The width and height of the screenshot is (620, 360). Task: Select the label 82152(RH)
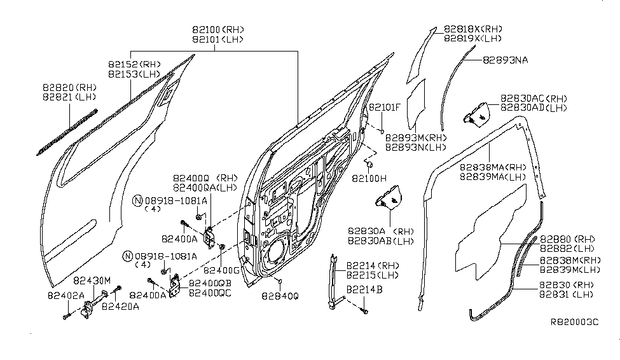[x=135, y=64]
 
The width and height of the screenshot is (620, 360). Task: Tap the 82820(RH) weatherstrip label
[x=69, y=87]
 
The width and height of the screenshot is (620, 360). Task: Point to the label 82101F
[x=385, y=107]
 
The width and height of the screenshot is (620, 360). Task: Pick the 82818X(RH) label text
[x=473, y=29]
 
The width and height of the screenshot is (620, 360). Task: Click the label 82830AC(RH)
[x=534, y=99]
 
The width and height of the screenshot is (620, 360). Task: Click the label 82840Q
[x=279, y=296]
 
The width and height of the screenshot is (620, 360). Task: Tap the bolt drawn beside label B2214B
[x=364, y=311]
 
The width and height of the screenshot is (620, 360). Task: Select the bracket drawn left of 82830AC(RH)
[x=477, y=114]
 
